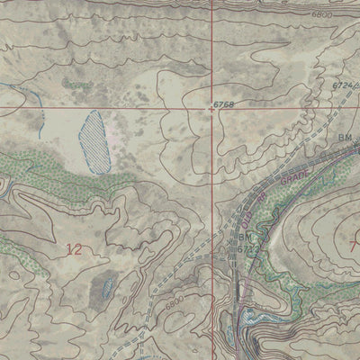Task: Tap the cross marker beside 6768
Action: pos(212,107)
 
